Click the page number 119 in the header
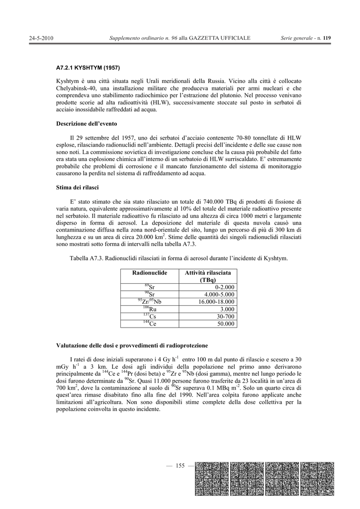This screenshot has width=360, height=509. [327, 38]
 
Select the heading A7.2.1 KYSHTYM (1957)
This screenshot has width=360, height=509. [88, 68]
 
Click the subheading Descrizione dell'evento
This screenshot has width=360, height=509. [87, 124]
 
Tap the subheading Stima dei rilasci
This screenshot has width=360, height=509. [77, 187]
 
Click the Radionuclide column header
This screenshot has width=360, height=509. [150, 273]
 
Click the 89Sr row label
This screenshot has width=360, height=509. [150, 287]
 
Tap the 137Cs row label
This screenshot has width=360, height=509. [150, 316]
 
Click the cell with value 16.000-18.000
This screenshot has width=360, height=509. [216, 302]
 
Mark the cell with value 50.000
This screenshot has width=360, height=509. [225, 324]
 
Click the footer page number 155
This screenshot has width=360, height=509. [180, 466]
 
